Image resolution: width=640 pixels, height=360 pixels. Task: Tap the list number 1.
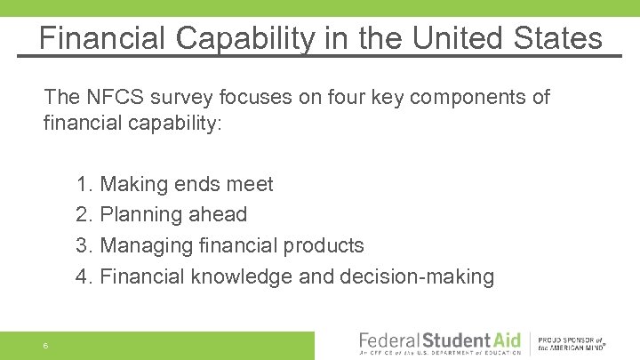coord(84,185)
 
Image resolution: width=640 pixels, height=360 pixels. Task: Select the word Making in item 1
coord(133,185)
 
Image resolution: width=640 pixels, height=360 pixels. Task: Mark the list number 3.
coord(84,245)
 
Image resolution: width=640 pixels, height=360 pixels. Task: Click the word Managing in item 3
coord(144,245)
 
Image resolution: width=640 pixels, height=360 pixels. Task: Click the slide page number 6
coord(44,346)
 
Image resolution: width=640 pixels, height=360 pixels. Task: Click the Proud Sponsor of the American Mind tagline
coord(572,345)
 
